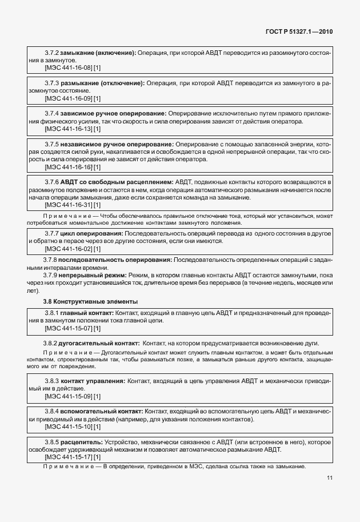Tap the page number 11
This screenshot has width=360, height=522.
click(x=330, y=478)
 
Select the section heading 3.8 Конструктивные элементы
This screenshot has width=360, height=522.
click(x=90, y=301)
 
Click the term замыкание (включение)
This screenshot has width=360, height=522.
click(x=98, y=53)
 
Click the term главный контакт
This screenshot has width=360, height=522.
click(x=87, y=313)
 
